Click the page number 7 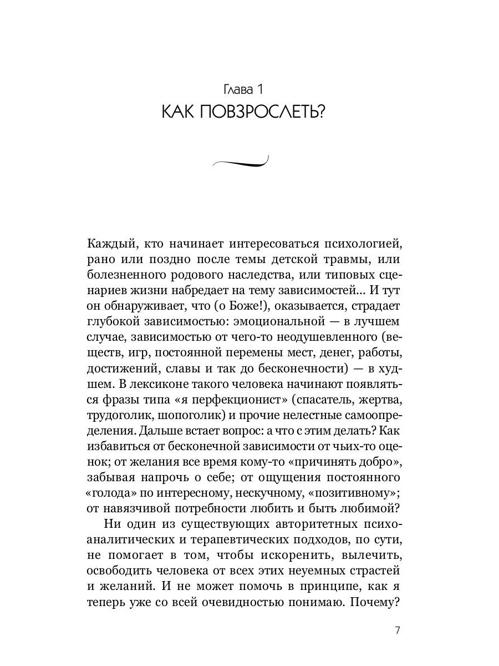pos(397,630)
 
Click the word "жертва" pos(387,399)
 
